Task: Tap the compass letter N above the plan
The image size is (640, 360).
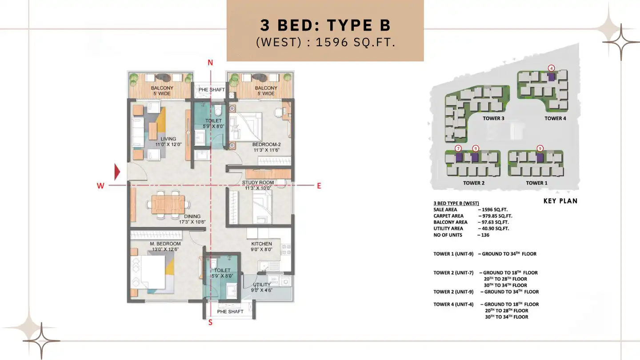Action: click(211, 63)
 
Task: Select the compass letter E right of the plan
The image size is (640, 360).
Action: click(319, 186)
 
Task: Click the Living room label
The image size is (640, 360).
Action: click(168, 141)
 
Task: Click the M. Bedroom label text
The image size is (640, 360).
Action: click(165, 244)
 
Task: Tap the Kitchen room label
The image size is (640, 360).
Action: click(261, 244)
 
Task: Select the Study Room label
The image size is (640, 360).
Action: click(258, 183)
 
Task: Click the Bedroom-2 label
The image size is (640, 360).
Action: click(266, 144)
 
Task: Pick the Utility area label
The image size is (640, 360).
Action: click(261, 284)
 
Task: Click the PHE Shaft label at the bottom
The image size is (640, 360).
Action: click(230, 312)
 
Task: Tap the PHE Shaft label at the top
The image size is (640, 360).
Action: click(212, 90)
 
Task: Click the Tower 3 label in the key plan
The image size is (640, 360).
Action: click(493, 119)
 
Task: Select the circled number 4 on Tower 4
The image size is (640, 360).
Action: click(551, 68)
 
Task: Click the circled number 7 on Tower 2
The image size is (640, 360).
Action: click(458, 148)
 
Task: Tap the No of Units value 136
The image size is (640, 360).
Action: click(485, 235)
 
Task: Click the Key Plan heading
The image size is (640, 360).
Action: click(560, 201)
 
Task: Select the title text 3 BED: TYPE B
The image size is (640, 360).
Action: click(325, 25)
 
